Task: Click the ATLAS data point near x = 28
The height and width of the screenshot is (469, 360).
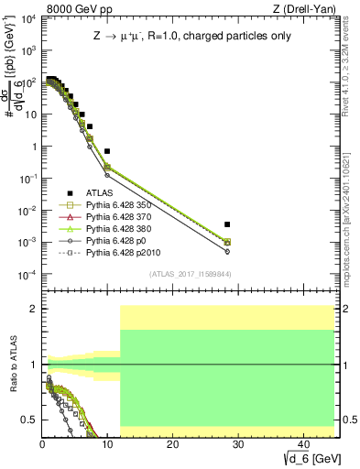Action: click(227, 224)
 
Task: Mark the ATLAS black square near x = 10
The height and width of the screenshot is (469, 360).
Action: click(107, 151)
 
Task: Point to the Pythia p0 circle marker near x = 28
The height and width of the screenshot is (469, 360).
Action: click(227, 251)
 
